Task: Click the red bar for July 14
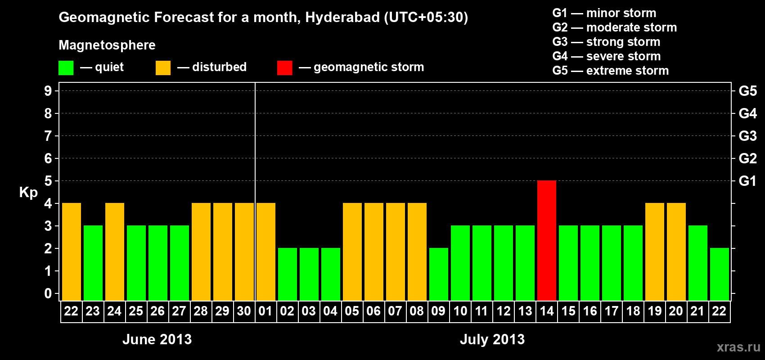pos(546,240)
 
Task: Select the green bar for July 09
pos(438,274)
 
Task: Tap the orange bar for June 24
pos(114,252)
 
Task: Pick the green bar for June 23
pos(93,263)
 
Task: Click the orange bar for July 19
pos(654,252)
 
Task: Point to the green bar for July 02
pos(287,274)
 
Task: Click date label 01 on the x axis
pos(265,311)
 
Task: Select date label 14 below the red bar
pos(546,311)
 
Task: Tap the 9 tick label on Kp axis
pos(48,91)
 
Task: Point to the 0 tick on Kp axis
pos(48,293)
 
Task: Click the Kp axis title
pos(28,193)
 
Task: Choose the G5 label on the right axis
pos(747,91)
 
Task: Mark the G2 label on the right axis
pos(747,158)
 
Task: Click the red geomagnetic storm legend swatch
pos(284,68)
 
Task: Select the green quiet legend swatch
pos(66,68)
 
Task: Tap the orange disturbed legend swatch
pos(163,68)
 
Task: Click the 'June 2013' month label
pos(157,339)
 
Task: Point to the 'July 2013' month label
pos(492,339)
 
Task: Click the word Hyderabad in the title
pos(342,18)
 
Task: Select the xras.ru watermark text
pos(738,347)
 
